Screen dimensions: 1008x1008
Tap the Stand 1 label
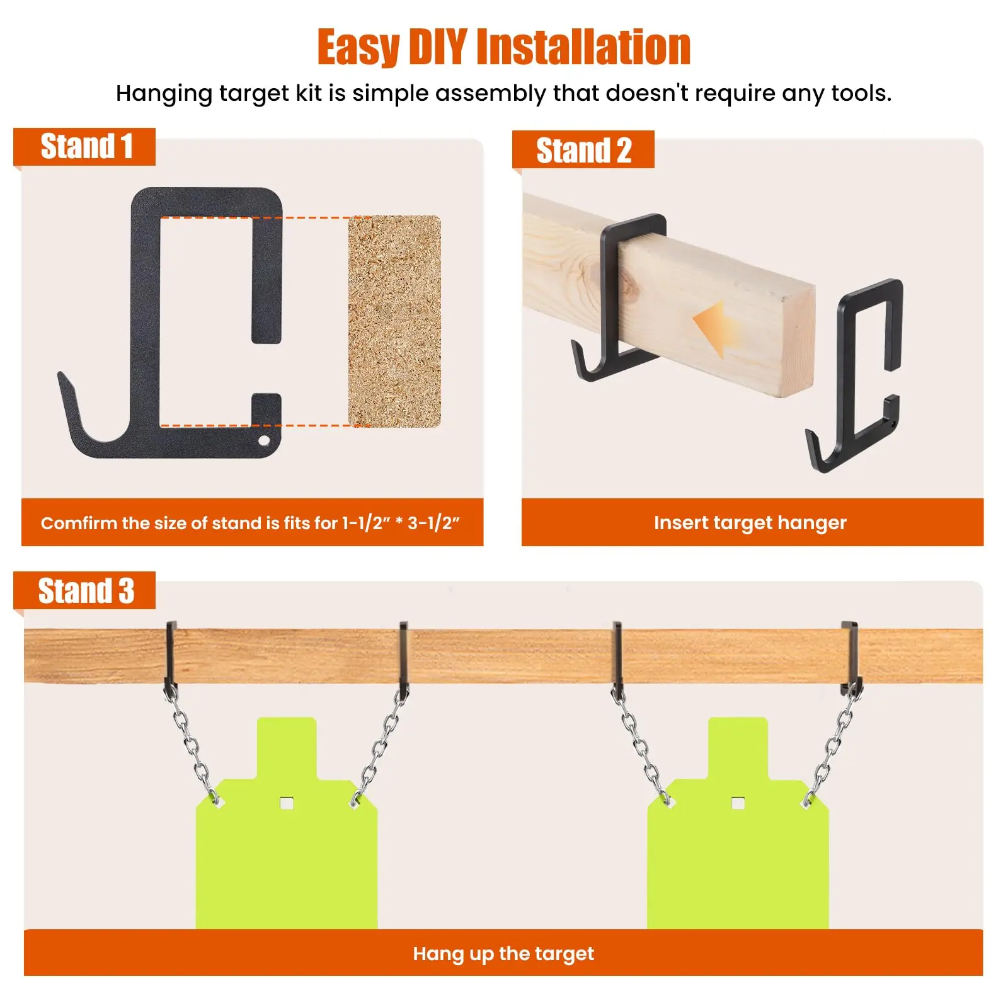point(86,147)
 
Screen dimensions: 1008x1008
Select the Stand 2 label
point(583,151)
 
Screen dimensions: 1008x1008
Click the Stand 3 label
point(86,591)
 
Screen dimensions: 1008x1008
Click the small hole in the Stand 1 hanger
point(265,439)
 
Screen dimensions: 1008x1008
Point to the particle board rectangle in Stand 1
point(394,321)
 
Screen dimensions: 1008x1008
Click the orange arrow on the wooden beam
point(718,328)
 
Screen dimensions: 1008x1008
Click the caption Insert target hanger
point(750,522)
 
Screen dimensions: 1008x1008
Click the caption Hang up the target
point(503,953)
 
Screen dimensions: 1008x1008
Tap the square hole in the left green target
point(287,803)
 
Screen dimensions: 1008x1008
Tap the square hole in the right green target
point(738,803)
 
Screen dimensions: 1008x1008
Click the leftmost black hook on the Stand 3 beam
point(171,655)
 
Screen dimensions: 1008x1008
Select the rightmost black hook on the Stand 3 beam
point(850,655)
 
